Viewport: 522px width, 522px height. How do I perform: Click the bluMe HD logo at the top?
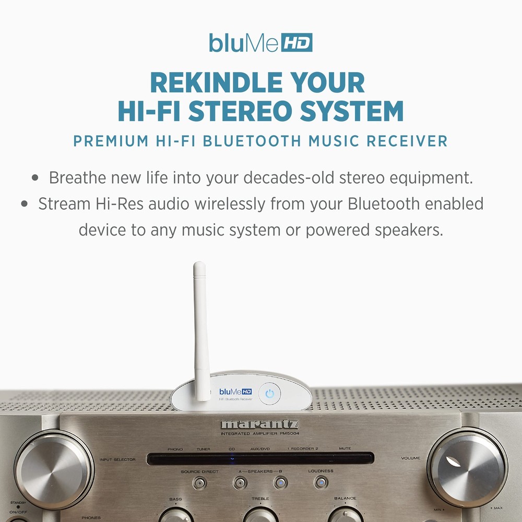tap(260, 42)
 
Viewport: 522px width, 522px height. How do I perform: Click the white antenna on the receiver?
tap(200, 329)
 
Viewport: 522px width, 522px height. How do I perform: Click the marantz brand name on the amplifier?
tap(259, 424)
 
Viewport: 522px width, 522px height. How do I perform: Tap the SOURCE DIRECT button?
tap(199, 483)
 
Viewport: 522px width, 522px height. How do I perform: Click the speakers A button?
tap(240, 483)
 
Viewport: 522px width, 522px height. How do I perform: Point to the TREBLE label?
tap(260, 499)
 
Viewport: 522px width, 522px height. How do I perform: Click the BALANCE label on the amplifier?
tap(345, 499)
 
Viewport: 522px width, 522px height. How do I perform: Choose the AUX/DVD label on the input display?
tap(259, 449)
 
